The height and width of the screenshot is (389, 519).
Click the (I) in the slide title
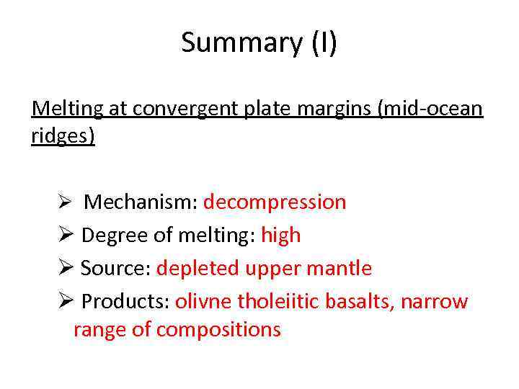coord(324,43)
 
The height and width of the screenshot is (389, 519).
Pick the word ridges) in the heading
coord(63,136)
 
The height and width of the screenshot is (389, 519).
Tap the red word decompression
coord(275,202)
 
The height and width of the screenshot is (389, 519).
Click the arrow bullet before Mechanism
coord(63,202)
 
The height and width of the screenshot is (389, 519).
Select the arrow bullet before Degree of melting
coord(66,236)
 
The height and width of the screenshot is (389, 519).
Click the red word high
coord(280,236)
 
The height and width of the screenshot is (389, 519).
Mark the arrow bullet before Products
coord(66,302)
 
